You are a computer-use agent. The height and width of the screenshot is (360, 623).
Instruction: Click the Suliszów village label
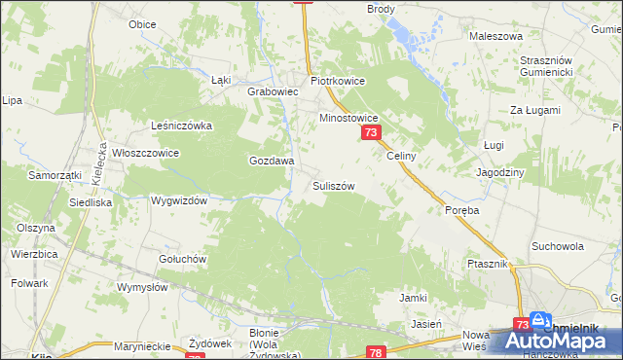click(332, 185)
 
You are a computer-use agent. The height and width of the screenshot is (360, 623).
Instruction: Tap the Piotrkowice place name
click(337, 82)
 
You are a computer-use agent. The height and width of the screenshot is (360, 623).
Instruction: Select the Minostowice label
click(349, 118)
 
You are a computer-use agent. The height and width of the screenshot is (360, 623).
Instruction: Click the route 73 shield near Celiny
click(370, 132)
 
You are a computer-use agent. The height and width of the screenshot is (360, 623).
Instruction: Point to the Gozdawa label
click(272, 161)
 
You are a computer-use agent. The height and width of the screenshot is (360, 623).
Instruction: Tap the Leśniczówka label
click(181, 126)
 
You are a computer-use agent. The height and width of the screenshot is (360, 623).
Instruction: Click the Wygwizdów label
click(180, 200)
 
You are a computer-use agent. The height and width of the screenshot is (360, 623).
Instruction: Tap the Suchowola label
click(558, 246)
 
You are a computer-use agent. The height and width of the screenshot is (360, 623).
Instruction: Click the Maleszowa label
click(491, 36)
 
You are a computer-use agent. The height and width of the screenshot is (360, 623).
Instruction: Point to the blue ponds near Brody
click(410, 37)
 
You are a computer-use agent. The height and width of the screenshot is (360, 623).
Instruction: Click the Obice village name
click(142, 23)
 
